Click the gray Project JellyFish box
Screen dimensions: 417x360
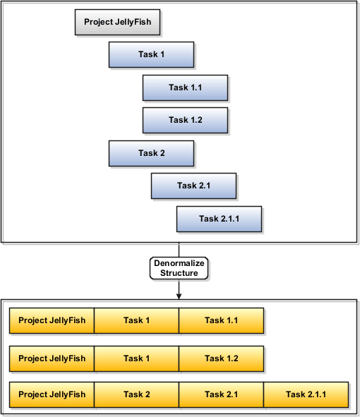click(x=117, y=22)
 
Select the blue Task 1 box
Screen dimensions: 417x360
click(x=151, y=54)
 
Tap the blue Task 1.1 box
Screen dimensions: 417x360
click(x=185, y=87)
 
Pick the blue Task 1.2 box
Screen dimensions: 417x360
click(x=185, y=120)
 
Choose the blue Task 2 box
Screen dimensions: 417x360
click(x=151, y=153)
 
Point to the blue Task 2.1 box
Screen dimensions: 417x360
click(x=193, y=186)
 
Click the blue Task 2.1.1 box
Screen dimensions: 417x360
click(x=219, y=219)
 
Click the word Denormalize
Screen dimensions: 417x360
click(x=179, y=263)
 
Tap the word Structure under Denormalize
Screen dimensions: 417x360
click(x=179, y=272)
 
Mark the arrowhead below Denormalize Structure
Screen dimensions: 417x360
click(x=179, y=294)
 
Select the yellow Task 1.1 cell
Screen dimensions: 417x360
click(x=221, y=320)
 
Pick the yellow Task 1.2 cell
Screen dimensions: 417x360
click(x=221, y=358)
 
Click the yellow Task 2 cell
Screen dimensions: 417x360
click(x=136, y=394)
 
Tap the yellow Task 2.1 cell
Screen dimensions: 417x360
click(x=221, y=394)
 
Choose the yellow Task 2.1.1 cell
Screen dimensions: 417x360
click(x=306, y=394)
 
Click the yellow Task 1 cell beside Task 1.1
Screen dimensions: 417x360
click(x=136, y=320)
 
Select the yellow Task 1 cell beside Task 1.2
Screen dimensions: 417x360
click(x=136, y=358)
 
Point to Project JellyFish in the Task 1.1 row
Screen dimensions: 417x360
click(x=52, y=320)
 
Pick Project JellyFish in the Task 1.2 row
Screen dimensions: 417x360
click(x=52, y=358)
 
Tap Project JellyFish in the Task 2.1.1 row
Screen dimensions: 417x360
click(x=52, y=394)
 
